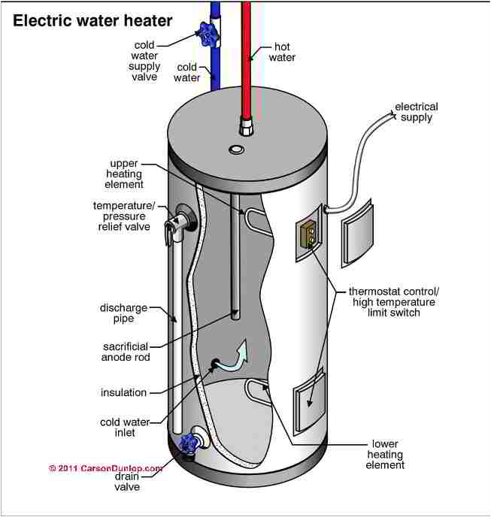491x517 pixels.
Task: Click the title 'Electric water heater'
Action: click(x=92, y=20)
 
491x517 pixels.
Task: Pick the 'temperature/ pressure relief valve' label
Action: click(x=122, y=216)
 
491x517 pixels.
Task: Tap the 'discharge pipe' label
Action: click(x=123, y=313)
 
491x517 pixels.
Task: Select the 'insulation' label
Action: click(x=124, y=392)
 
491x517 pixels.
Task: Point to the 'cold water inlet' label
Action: click(x=125, y=428)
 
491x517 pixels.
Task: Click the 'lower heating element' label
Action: click(x=386, y=455)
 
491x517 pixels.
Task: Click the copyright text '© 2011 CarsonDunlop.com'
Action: click(x=105, y=468)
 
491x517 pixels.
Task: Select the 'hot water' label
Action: click(x=282, y=52)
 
